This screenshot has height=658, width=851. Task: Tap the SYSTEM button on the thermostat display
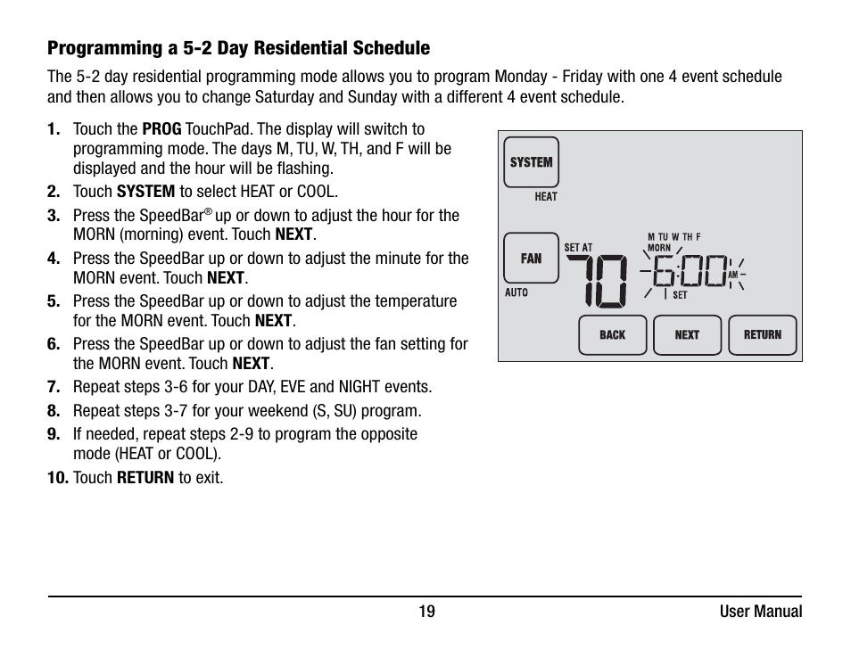[531, 162]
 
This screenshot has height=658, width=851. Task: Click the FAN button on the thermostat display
[531, 259]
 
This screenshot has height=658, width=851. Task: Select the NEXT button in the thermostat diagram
[687, 335]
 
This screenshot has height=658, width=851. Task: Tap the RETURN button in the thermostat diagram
[762, 335]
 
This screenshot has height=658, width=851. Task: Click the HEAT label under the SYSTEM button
[546, 197]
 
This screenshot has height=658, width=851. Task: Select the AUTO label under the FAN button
[516, 292]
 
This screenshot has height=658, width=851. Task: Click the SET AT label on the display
[578, 248]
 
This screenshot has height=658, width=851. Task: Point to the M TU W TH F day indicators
[673, 237]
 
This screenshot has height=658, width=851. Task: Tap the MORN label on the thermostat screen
[659, 248]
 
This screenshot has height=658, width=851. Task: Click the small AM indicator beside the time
[732, 276]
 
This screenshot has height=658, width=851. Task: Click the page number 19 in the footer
[427, 612]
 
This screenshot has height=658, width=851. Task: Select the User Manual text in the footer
[761, 612]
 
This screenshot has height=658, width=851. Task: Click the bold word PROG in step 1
[161, 129]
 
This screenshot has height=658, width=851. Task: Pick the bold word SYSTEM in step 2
[145, 192]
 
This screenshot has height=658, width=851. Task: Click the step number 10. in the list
[58, 478]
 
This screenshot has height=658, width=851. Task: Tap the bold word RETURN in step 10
[145, 478]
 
